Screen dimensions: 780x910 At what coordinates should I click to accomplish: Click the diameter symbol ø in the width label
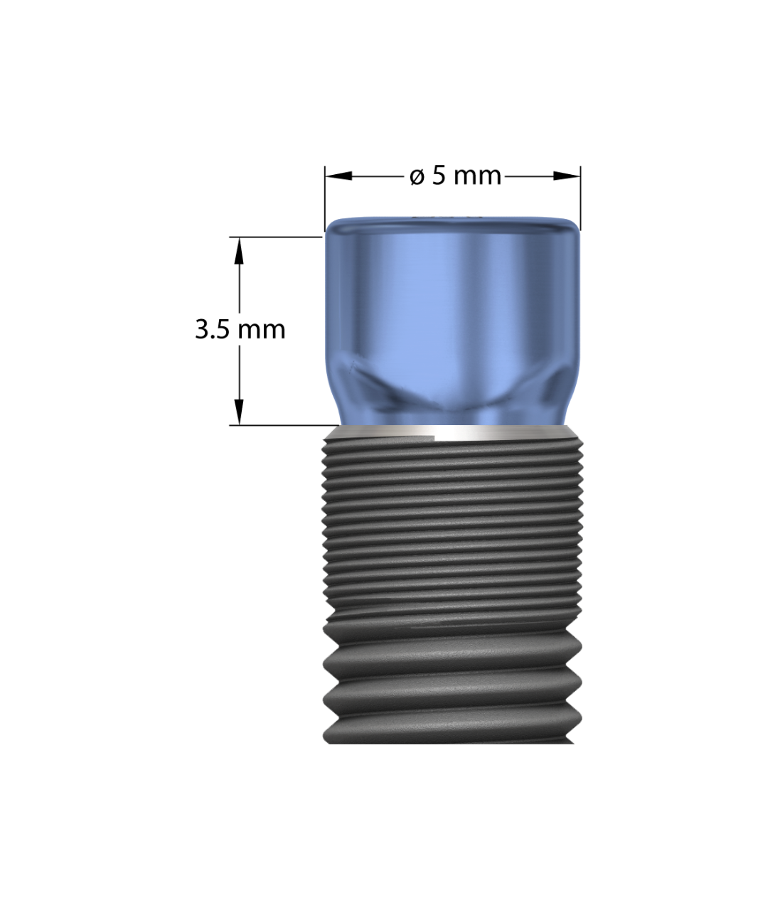(x=416, y=177)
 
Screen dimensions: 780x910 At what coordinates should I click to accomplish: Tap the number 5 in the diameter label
(x=439, y=176)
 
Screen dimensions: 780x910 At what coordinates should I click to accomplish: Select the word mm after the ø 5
(x=477, y=178)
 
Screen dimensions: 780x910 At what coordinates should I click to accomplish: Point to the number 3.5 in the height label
(x=213, y=330)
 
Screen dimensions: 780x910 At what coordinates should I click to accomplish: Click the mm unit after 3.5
(x=262, y=331)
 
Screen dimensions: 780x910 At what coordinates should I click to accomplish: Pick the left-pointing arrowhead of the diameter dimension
(x=338, y=176)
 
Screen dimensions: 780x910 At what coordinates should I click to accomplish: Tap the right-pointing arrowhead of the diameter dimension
(x=567, y=176)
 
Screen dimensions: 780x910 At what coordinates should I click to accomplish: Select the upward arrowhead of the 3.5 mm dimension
(x=239, y=251)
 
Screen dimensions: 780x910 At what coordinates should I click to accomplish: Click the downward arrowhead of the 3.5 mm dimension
(x=239, y=412)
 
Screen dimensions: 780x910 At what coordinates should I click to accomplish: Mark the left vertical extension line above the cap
(x=325, y=198)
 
